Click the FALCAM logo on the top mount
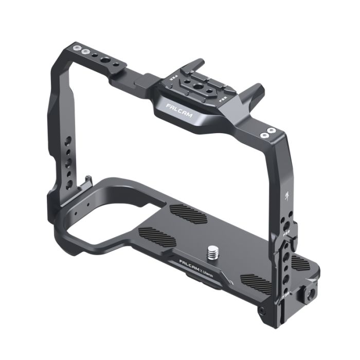[x=179, y=110]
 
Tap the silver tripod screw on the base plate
[x=212, y=252]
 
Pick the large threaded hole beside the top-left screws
[x=106, y=60]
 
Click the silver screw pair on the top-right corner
[x=267, y=133]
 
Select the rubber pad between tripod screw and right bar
[x=256, y=282]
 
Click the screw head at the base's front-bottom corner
[x=263, y=311]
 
